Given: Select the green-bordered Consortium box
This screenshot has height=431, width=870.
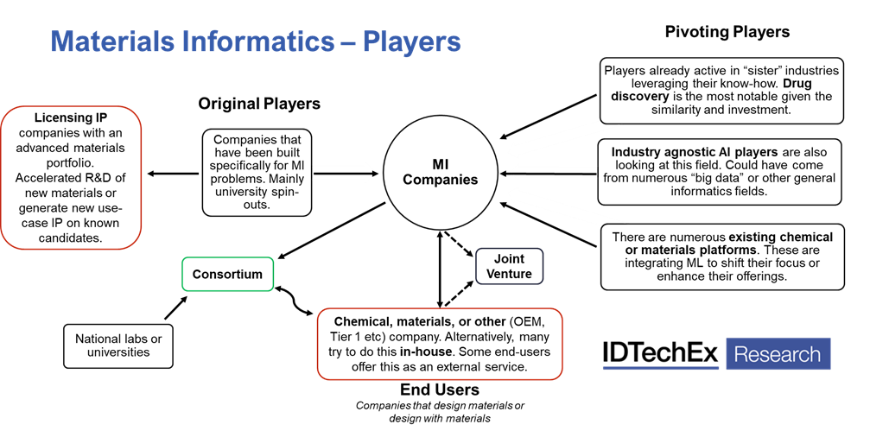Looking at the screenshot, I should pyautogui.click(x=227, y=274).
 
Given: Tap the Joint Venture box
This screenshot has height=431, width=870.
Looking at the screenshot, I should pyautogui.click(x=509, y=266).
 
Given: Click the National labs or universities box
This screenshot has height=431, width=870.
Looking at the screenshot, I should pyautogui.click(x=118, y=345).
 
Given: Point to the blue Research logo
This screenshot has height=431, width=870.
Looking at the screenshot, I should pyautogui.click(x=778, y=354).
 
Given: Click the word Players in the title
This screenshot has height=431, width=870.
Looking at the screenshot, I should pyautogui.click(x=411, y=41).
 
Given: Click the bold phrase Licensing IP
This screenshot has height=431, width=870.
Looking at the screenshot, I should pyautogui.click(x=71, y=117).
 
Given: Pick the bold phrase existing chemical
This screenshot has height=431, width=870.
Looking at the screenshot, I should pyautogui.click(x=781, y=236).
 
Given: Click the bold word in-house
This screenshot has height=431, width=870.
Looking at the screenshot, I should pyautogui.click(x=422, y=351).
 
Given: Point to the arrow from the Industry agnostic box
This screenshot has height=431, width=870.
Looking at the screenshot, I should pyautogui.click(x=553, y=174).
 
